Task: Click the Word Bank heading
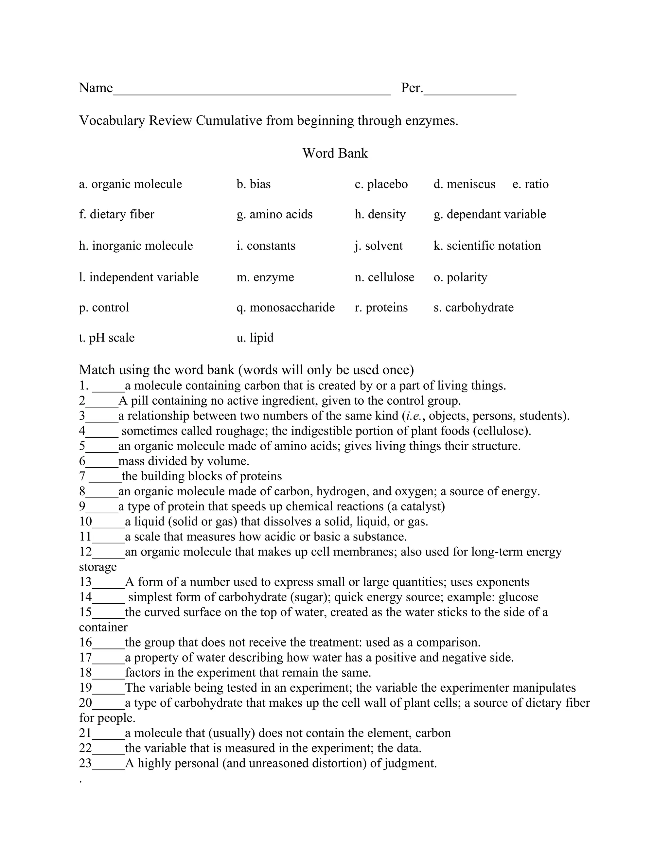pos(335,153)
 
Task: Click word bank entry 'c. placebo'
pos(381,184)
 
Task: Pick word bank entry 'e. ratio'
pos(530,184)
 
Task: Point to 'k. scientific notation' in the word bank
pos(487,246)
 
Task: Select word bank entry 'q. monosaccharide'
pos(285,307)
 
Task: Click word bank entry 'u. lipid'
pos(255,338)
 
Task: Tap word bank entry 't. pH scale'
pos(106,338)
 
